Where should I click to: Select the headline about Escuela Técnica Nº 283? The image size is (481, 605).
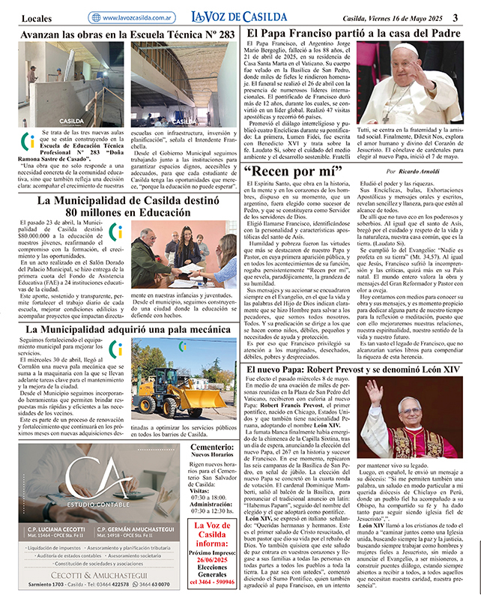point(127,35)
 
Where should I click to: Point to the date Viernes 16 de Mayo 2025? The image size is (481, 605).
point(404,17)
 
